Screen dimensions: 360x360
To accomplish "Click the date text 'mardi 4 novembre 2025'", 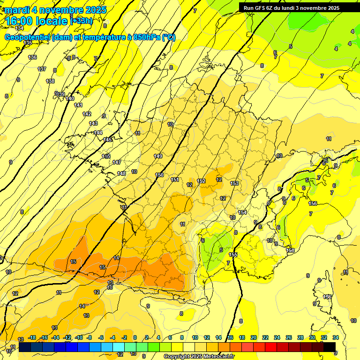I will click(x=56, y=10).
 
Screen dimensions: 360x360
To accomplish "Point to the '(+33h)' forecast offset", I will click(x=81, y=21).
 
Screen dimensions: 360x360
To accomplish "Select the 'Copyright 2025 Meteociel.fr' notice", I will click(x=199, y=357).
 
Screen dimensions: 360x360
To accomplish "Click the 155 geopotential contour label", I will click(x=233, y=255).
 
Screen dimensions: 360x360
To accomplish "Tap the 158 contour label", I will click(x=291, y=251).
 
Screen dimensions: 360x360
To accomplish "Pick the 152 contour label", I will click(x=202, y=181).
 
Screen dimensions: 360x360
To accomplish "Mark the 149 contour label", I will click(x=158, y=156).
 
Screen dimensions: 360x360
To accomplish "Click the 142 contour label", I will click(x=87, y=114).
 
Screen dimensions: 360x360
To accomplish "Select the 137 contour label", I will click(x=42, y=69).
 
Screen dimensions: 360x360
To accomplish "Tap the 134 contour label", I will click(x=19, y=29).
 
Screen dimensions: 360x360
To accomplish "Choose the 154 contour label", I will click(x=242, y=212).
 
